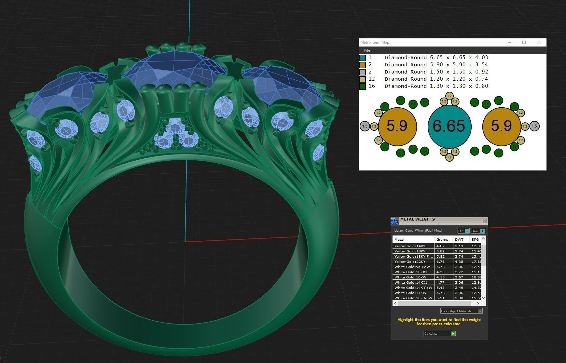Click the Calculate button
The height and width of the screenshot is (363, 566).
tap(439, 333)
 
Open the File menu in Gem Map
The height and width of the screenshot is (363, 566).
tap(367, 50)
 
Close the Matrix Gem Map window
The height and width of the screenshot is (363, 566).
tap(539, 42)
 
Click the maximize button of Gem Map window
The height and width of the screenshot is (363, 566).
tap(524, 42)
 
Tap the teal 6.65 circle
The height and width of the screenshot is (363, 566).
tap(449, 126)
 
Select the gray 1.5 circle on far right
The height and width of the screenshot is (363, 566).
tap(534, 126)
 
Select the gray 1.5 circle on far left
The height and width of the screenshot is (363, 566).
tap(365, 126)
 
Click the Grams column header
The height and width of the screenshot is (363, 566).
tap(442, 239)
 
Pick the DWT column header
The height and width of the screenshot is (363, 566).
tap(459, 239)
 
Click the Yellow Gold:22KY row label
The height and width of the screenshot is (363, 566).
tap(410, 262)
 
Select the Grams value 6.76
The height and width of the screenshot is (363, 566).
tap(440, 262)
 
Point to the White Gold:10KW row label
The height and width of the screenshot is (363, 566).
tap(410, 277)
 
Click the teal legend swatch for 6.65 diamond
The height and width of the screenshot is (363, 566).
tap(363, 58)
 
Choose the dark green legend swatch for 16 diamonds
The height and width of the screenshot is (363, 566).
tap(363, 86)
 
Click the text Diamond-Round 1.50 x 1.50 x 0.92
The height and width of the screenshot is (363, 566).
tap(436, 72)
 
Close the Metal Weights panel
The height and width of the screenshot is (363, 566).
tap(484, 221)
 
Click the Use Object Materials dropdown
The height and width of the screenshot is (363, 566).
tap(461, 311)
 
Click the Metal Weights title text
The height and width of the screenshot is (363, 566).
tap(417, 219)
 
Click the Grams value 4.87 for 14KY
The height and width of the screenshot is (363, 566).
tap(440, 246)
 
